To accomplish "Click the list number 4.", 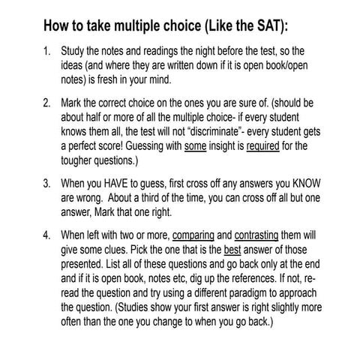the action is click(46, 231).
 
